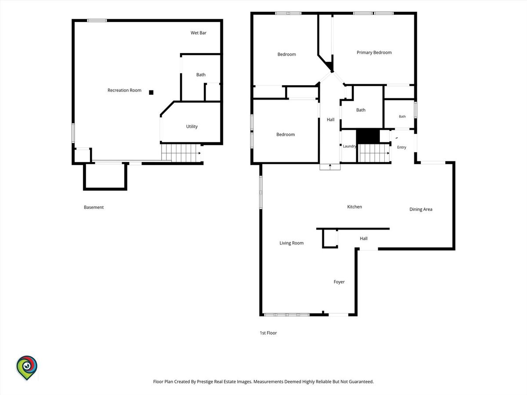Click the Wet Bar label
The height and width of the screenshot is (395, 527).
(199, 33)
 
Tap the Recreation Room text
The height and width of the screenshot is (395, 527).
(124, 90)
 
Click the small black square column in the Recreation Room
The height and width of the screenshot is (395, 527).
(151, 92)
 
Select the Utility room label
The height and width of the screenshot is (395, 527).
(192, 126)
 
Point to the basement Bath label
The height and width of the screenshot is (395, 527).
(201, 75)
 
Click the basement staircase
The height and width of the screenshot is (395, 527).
(181, 153)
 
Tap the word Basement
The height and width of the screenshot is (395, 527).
(94, 207)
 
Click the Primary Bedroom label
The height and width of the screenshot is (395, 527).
(374, 53)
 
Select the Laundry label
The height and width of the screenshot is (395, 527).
(349, 146)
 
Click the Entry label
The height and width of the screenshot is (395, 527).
(401, 147)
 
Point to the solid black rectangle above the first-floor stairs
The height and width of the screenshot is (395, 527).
(368, 136)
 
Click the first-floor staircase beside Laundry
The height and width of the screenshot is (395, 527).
(374, 153)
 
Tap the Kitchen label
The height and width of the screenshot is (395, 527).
(354, 207)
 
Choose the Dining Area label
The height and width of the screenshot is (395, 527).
(421, 209)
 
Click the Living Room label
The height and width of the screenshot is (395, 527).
(292, 243)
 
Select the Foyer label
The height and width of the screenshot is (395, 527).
(339, 282)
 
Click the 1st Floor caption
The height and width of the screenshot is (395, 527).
(268, 333)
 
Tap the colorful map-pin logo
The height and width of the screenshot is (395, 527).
(27, 368)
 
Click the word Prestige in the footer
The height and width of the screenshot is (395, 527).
(205, 381)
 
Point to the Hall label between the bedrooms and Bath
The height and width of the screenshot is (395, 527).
(330, 119)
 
